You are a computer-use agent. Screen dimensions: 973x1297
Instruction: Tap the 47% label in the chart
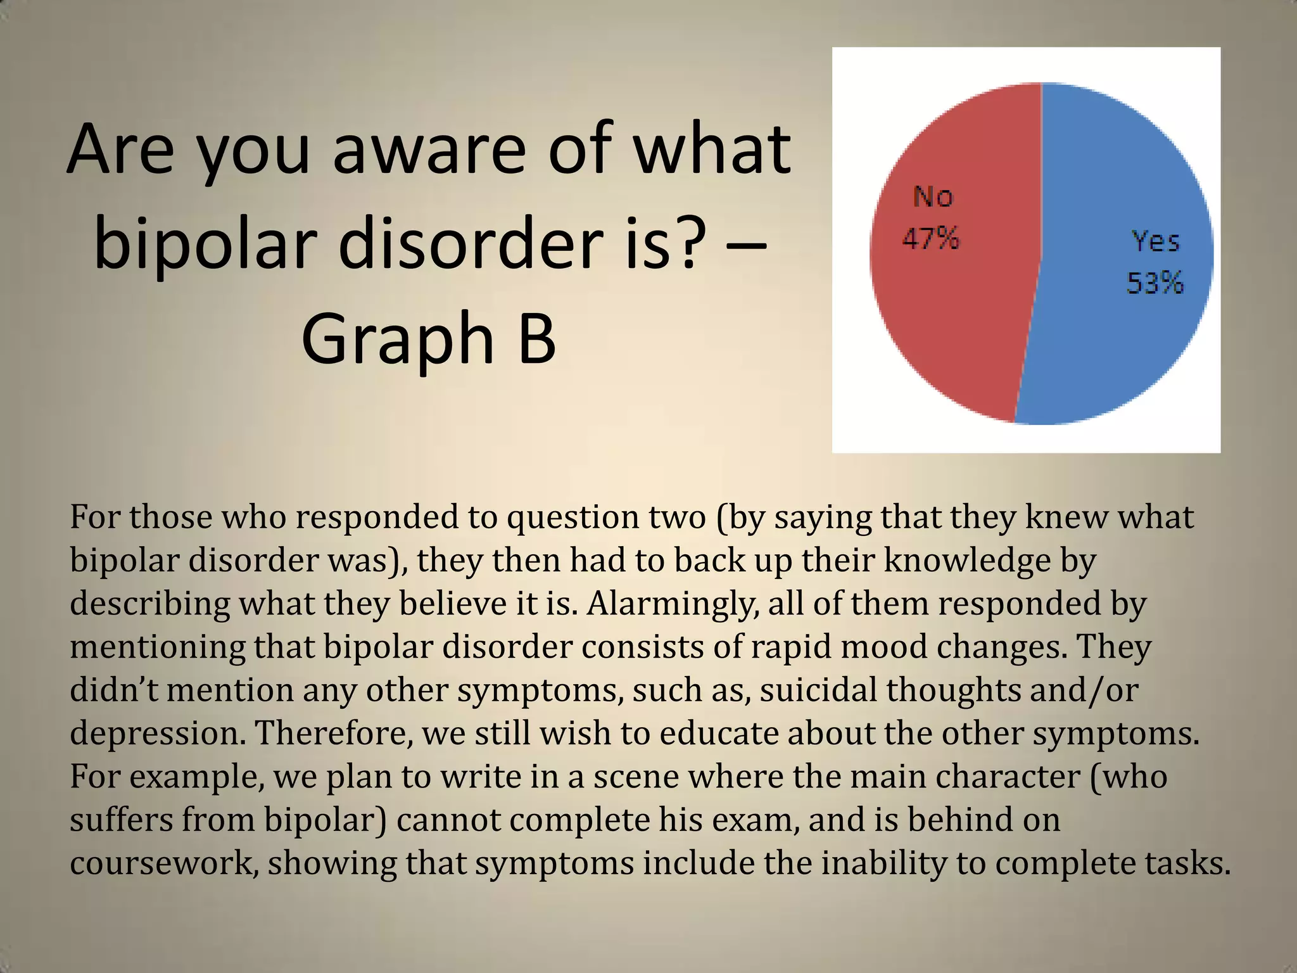tap(931, 239)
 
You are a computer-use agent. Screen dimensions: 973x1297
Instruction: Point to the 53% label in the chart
tap(1155, 283)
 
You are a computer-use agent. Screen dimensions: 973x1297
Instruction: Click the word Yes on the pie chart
tap(1156, 241)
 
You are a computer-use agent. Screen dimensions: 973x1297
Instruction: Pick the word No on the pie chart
tap(933, 197)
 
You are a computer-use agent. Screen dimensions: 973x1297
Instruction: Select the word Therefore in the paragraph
tap(334, 733)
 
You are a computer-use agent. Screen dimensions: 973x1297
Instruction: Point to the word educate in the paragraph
tap(719, 733)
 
